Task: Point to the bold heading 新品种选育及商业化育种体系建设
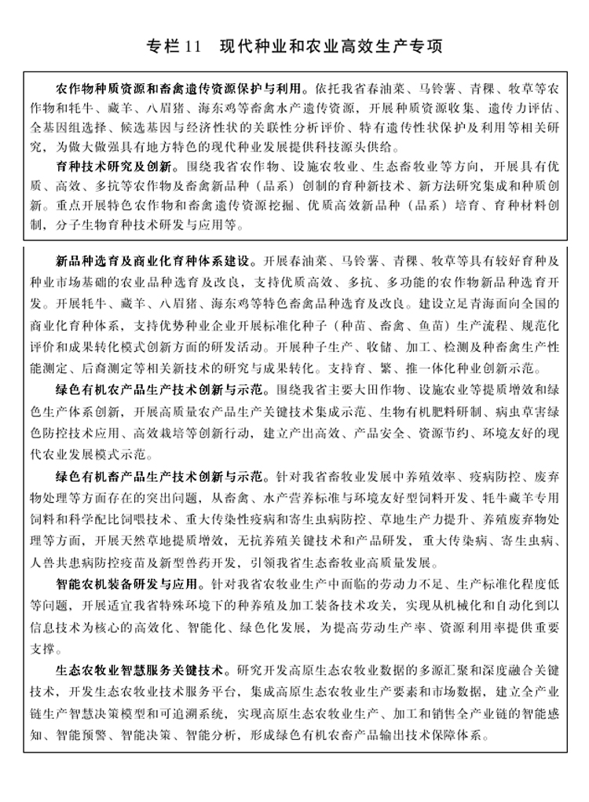coord(153,261)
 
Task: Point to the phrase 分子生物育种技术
coord(105,225)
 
